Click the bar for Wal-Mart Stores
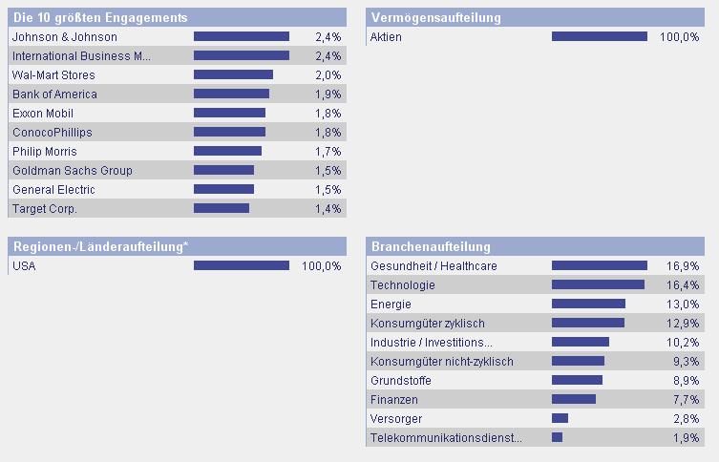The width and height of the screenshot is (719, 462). [233, 74]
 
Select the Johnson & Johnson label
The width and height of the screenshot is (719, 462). [65, 36]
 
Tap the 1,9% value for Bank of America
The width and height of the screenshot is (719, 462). [328, 94]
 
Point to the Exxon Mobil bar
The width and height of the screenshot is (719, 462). [229, 113]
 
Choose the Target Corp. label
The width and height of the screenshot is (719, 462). [45, 208]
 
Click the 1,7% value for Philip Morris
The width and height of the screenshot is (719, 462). [328, 151]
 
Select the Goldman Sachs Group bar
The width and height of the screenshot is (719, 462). [223, 170]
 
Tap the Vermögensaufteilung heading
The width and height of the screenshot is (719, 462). [435, 18]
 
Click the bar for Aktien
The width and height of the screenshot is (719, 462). [599, 36]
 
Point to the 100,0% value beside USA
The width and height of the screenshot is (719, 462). [321, 265]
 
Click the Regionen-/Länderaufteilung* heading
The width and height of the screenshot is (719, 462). [100, 247]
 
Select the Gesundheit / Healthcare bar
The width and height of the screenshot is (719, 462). [599, 265]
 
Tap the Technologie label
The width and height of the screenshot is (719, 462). [403, 284]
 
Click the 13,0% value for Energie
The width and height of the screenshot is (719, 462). [683, 304]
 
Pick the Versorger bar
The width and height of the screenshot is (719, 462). [560, 418]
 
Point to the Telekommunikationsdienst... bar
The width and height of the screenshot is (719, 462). [557, 437]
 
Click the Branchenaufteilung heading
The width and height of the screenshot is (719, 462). [431, 247]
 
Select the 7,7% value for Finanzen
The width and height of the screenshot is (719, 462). [686, 399]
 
